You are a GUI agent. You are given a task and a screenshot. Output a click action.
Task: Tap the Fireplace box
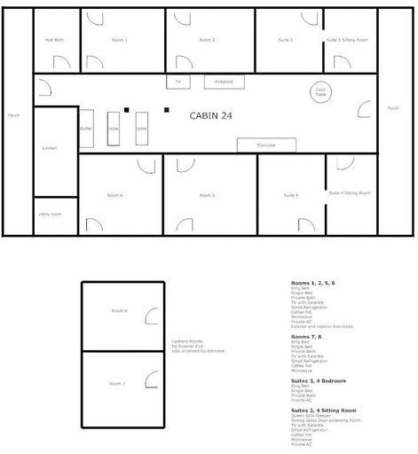tap(224, 82)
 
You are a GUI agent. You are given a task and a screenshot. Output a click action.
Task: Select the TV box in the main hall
tap(177, 82)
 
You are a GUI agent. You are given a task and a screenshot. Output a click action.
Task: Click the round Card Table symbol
tap(321, 91)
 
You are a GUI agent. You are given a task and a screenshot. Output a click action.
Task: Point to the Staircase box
tap(266, 145)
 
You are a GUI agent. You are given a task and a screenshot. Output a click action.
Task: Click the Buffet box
tap(86, 129)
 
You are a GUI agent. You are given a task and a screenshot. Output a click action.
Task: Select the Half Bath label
tap(54, 40)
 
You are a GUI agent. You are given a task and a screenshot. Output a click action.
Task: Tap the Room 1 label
tap(119, 40)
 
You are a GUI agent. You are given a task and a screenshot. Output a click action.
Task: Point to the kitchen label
tap(50, 148)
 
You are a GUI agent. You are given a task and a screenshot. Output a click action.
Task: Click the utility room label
tap(50, 214)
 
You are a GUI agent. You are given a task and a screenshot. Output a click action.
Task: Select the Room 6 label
tap(114, 195)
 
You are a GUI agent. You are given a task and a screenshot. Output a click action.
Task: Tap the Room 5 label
tap(208, 195)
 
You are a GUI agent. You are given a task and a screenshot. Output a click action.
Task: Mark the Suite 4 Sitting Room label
tap(349, 192)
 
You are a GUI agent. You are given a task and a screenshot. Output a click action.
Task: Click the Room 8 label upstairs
tap(119, 311)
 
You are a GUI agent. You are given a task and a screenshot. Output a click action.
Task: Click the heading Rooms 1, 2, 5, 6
tap(313, 283)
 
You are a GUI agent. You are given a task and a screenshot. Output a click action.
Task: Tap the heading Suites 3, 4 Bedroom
tap(319, 380)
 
